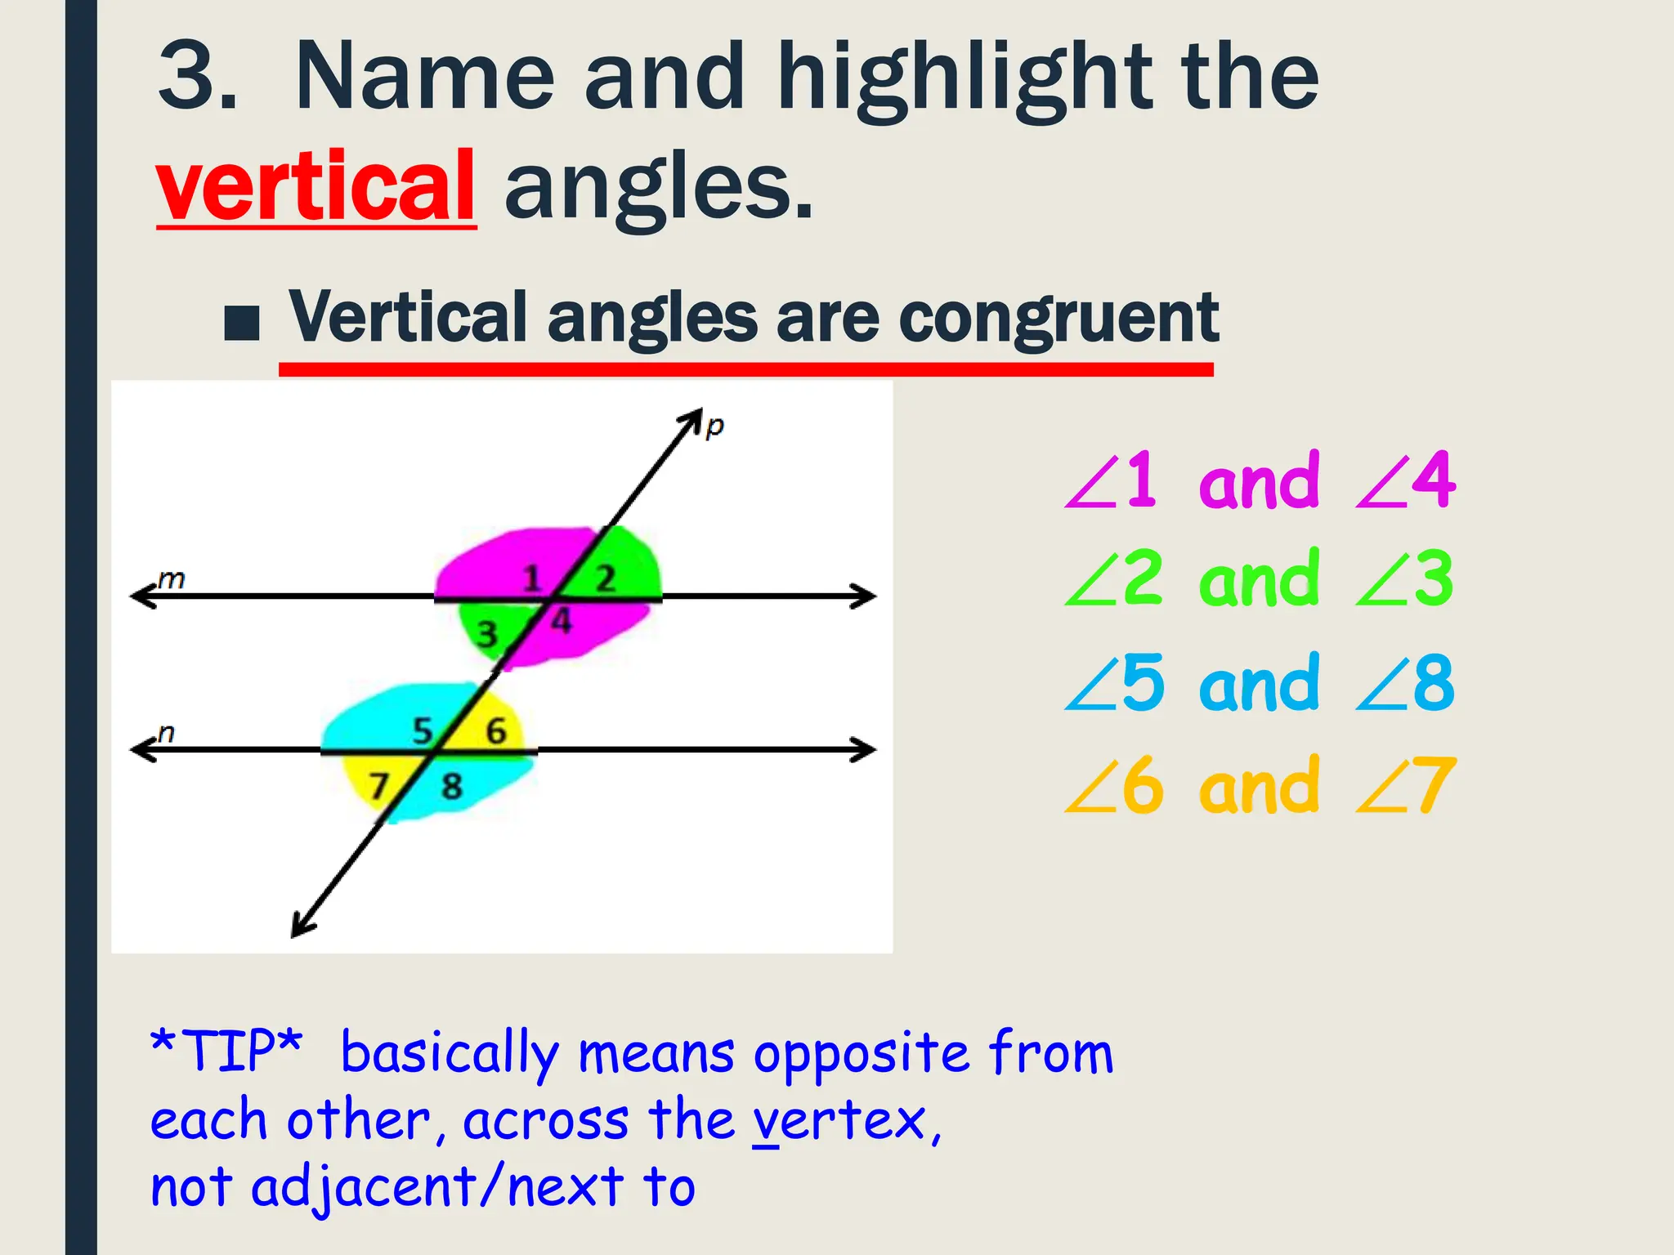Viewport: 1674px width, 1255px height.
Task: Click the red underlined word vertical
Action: (x=316, y=186)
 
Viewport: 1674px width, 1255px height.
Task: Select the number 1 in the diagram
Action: (x=532, y=579)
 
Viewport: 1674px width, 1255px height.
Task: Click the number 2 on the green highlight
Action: (x=605, y=579)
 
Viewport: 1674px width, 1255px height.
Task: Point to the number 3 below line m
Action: (x=487, y=634)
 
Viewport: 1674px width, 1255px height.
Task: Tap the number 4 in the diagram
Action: (x=561, y=622)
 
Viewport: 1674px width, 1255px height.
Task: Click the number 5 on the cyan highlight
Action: (x=422, y=731)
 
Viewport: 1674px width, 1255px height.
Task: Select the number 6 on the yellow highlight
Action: (x=496, y=731)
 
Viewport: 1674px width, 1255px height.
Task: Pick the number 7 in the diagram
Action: (x=378, y=787)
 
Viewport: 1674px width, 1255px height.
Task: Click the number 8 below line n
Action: (x=452, y=787)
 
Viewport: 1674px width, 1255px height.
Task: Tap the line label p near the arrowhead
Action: (x=714, y=426)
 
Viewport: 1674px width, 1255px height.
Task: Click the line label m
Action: (x=172, y=579)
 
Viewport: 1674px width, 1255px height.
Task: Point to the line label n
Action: (x=166, y=732)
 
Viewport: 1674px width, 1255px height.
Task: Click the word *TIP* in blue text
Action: (x=227, y=1051)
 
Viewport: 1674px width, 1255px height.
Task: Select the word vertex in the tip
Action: (x=838, y=1121)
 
